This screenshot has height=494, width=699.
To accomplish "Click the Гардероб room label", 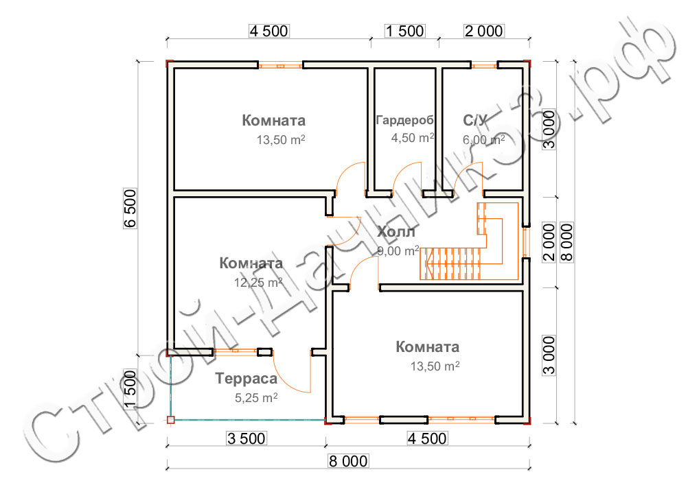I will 405,121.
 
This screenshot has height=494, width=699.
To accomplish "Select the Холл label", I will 396,232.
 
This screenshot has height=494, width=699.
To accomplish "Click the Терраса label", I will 246,379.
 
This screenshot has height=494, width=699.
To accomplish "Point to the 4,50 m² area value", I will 413,137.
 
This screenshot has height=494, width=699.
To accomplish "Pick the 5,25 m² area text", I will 255,397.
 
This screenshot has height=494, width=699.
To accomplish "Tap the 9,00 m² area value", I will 398,250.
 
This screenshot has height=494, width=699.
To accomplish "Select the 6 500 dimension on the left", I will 132,209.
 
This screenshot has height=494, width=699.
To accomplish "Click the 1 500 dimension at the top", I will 404,31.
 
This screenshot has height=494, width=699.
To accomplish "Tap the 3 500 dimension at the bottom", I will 246,438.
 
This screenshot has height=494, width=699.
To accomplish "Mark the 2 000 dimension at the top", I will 484,31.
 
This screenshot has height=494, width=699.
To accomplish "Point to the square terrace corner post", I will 171,419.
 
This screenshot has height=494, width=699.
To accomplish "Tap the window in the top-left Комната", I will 280,66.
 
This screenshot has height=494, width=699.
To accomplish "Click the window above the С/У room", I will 484,66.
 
